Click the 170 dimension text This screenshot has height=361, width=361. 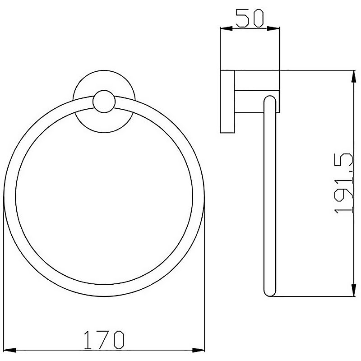point(104,340)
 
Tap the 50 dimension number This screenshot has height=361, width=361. point(250,18)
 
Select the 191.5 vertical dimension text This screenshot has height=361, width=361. point(343,184)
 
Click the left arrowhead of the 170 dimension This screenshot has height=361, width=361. point(10,351)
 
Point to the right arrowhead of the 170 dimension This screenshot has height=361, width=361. point(199,351)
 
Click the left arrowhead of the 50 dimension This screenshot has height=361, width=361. point(227,28)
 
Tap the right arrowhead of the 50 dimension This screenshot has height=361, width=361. point(273,28)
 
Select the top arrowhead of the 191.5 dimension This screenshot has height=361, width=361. point(353,77)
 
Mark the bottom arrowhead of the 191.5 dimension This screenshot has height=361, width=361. point(353,290)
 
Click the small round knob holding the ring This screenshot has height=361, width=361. point(104,102)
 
